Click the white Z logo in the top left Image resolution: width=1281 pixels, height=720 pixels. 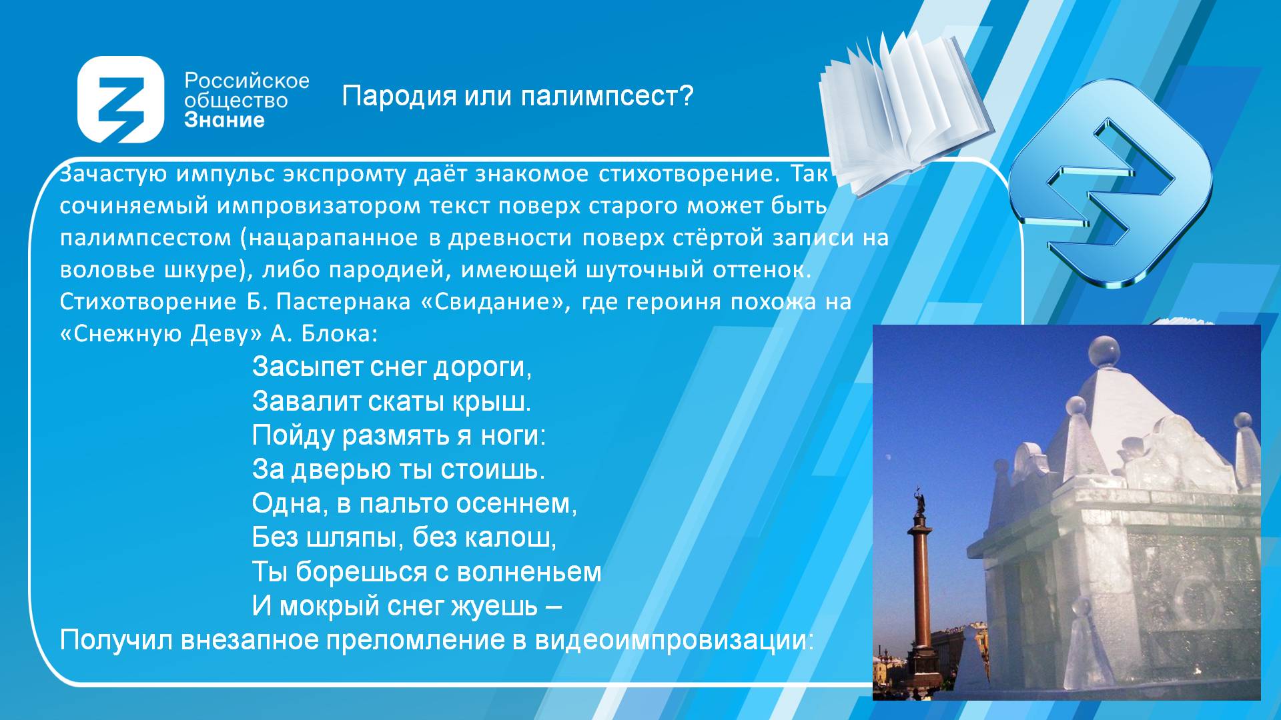121,99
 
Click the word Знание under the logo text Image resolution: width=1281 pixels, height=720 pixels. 224,121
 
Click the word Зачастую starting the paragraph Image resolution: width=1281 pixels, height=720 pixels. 113,174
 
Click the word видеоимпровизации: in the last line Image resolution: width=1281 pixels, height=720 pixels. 675,641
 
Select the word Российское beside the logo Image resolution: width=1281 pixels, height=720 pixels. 247,81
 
